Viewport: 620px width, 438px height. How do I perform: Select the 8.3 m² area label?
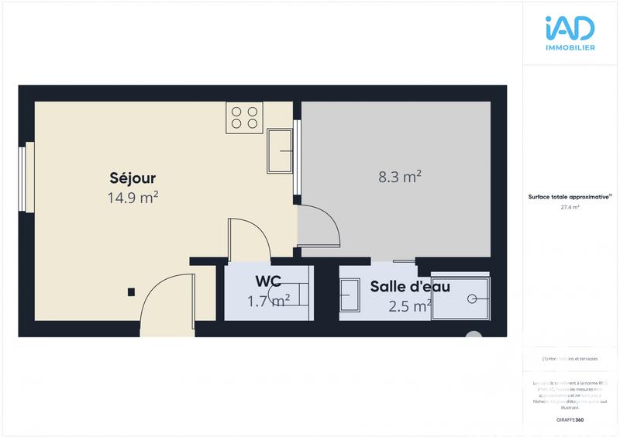tap(400, 177)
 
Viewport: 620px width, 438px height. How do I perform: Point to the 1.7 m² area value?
tap(268, 301)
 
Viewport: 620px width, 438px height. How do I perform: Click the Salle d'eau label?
tap(410, 286)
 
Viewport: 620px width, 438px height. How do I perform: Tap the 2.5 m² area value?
tap(410, 305)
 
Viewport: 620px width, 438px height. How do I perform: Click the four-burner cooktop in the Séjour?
tap(243, 117)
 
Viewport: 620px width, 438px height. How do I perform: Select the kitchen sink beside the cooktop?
tap(280, 150)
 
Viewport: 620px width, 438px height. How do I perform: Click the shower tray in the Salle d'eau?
tap(460, 297)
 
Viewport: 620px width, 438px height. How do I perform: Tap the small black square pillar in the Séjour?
tap(131, 291)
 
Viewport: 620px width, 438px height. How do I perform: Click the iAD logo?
tap(570, 29)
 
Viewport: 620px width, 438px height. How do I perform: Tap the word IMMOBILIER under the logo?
tap(570, 48)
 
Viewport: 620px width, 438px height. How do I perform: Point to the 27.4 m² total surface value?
tap(570, 208)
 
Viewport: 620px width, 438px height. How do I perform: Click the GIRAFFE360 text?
tap(570, 419)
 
